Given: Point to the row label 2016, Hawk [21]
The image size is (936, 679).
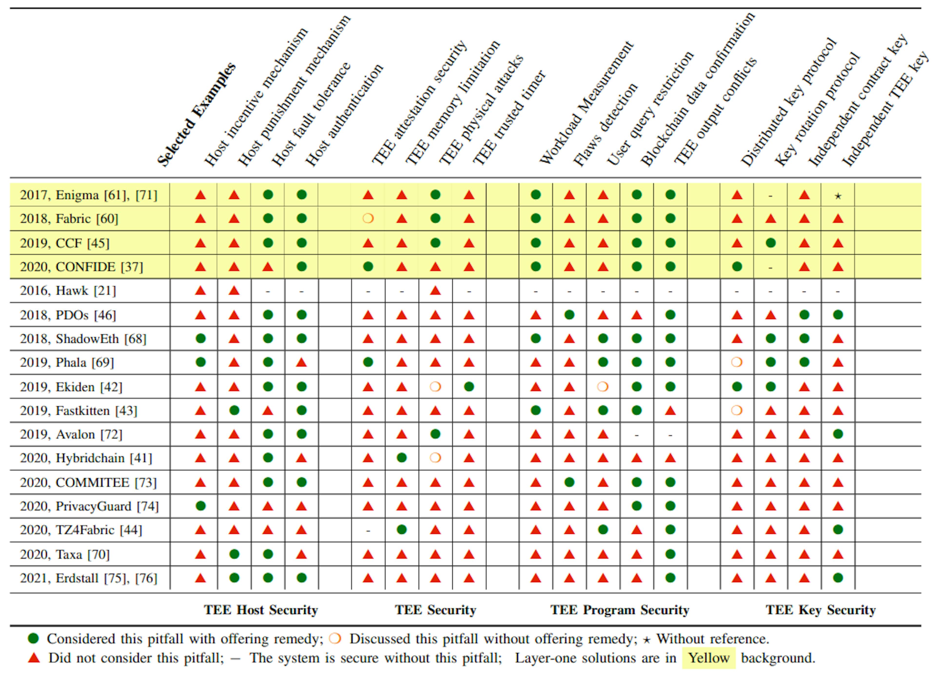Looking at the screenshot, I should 68,291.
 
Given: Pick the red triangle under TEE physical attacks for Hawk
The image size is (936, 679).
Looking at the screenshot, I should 435,291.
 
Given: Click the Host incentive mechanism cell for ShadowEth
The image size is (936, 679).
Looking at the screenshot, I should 201,339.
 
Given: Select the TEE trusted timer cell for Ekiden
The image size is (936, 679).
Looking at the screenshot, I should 469,387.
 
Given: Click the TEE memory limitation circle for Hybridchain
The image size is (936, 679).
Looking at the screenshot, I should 401,458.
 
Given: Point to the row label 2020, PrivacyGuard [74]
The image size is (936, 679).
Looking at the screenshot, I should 89,506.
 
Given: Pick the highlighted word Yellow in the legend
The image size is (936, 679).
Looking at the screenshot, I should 708,658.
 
